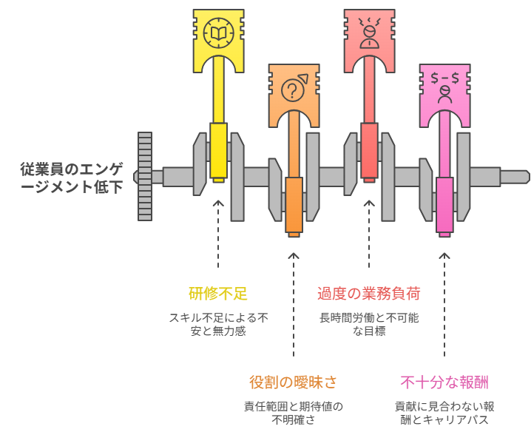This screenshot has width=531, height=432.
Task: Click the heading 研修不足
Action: pos(218,294)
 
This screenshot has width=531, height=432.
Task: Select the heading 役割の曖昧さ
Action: pos(294,382)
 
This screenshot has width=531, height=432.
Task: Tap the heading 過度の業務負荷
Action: pos(369,294)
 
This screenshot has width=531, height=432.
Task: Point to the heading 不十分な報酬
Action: pos(444,382)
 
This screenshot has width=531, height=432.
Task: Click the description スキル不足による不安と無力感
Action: pos(218,324)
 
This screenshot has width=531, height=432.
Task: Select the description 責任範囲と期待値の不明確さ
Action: pos(294,413)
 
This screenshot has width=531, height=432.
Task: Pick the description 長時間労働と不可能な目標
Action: pos(369,324)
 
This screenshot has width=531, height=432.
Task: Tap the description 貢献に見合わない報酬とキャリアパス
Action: pos(444,413)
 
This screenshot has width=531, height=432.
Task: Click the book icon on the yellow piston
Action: pos(218,32)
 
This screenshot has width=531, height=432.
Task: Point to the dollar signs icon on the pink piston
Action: pos(444,85)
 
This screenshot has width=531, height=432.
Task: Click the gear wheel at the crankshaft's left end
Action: pos(145,176)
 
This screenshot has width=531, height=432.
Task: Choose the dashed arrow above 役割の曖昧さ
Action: pos(294,303)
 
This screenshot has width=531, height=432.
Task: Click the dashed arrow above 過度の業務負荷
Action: pos(369,233)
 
